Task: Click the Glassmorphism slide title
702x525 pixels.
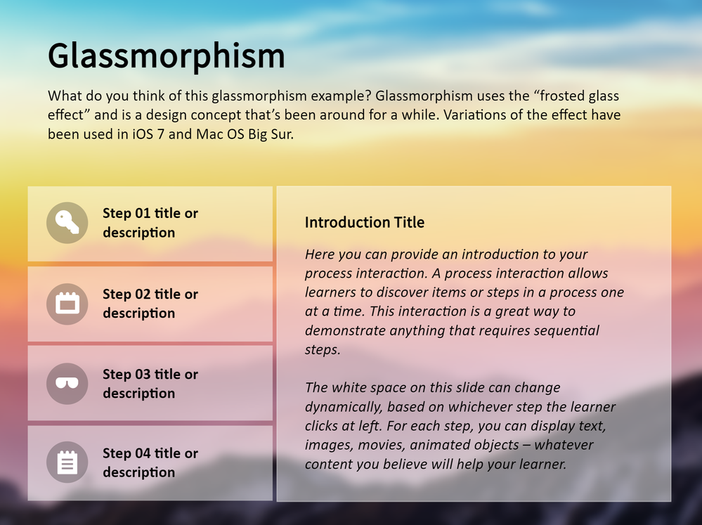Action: (x=166, y=57)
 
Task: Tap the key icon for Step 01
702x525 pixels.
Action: (x=67, y=223)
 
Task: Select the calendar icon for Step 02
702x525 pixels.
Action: (x=67, y=304)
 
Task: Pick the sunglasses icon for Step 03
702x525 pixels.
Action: (x=67, y=384)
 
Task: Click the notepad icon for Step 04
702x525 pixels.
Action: (x=67, y=462)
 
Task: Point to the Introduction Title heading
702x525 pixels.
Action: (x=365, y=222)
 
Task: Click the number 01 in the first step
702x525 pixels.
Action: (x=143, y=213)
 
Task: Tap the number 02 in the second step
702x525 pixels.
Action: (x=143, y=294)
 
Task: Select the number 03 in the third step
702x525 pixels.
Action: (x=143, y=374)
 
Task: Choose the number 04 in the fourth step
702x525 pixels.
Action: (x=143, y=453)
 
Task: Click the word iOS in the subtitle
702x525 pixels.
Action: (x=143, y=134)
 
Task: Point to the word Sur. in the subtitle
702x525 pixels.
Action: (x=281, y=134)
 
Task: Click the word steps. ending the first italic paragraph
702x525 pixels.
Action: (x=323, y=350)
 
